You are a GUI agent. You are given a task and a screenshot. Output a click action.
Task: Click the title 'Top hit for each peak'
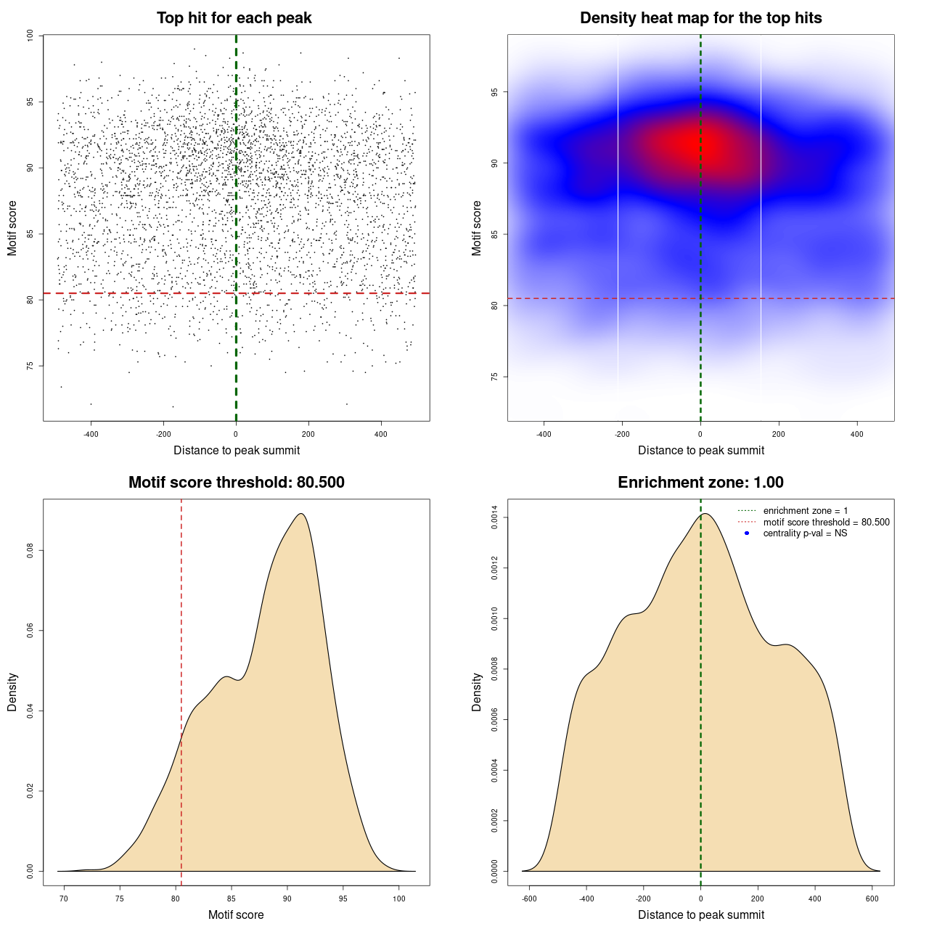(x=234, y=18)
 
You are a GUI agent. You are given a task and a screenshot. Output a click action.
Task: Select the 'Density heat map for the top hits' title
(x=700, y=18)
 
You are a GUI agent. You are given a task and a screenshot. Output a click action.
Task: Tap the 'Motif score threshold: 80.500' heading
(x=236, y=483)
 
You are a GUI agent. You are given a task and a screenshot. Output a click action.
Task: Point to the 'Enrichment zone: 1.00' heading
(x=700, y=483)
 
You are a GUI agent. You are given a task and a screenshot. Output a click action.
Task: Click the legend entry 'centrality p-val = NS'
(x=805, y=533)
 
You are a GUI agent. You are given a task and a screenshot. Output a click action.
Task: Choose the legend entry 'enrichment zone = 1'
(x=805, y=511)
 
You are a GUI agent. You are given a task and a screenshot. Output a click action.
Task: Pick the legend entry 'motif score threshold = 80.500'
(x=826, y=523)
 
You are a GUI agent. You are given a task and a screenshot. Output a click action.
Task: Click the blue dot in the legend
(x=747, y=533)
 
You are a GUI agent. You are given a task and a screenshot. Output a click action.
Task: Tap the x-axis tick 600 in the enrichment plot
(x=872, y=899)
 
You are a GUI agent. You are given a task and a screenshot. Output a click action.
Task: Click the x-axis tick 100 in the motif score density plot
(x=399, y=899)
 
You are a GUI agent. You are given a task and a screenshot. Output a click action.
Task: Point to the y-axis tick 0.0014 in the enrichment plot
(x=494, y=517)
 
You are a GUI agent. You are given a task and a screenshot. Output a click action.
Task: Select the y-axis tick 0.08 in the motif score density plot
(x=30, y=551)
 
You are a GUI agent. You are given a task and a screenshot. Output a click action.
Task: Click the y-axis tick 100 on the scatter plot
(x=30, y=36)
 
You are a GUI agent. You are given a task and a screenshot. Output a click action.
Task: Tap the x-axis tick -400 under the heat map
(x=544, y=434)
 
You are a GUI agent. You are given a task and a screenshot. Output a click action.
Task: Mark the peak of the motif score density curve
(x=301, y=514)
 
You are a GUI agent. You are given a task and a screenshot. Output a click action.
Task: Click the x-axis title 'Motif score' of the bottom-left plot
(x=236, y=914)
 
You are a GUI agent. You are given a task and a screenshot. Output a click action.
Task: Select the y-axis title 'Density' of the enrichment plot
(x=477, y=692)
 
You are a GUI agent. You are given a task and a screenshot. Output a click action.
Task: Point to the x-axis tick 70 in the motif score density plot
(x=64, y=899)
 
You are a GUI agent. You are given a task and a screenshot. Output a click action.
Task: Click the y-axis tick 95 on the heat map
(x=494, y=92)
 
